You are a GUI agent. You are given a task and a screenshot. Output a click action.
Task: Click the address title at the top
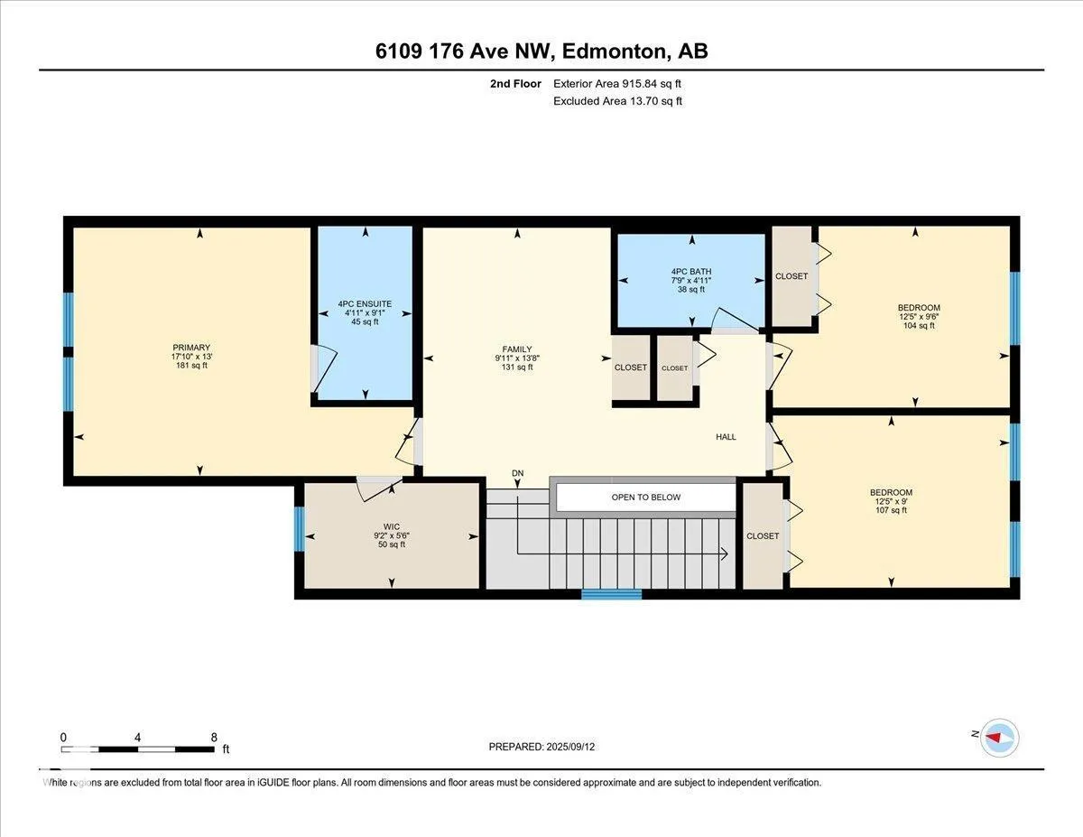pyautogui.click(x=541, y=51)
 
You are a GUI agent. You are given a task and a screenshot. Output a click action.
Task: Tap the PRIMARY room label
pyautogui.click(x=191, y=348)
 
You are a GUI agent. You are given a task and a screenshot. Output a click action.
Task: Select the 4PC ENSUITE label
pyautogui.click(x=365, y=303)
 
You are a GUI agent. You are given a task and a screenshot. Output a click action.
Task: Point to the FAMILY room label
pyautogui.click(x=517, y=349)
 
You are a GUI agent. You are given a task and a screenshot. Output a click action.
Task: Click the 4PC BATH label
pyautogui.click(x=691, y=271)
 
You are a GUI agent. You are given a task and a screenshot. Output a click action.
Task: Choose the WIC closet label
pyautogui.click(x=392, y=526)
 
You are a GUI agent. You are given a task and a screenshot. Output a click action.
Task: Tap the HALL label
pyautogui.click(x=726, y=437)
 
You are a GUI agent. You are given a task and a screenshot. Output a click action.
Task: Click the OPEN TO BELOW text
pyautogui.click(x=646, y=497)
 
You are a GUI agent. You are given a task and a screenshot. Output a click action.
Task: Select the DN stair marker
pyautogui.click(x=517, y=473)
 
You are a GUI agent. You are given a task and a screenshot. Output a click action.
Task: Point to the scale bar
pyautogui.click(x=138, y=749)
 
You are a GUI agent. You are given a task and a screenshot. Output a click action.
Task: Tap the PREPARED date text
pyautogui.click(x=541, y=747)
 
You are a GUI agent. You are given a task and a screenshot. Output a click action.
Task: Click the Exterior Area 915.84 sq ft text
pyautogui.click(x=617, y=84)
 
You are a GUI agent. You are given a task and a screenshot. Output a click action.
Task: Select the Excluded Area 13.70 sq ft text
pyautogui.click(x=617, y=101)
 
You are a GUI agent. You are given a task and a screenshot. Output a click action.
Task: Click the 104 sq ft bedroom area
pyautogui.click(x=919, y=326)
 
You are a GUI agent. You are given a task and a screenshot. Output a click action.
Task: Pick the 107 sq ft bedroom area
pyautogui.click(x=891, y=510)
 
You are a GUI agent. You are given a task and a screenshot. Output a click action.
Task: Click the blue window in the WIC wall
pyautogui.click(x=299, y=529)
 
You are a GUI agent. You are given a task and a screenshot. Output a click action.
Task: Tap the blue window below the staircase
pyautogui.click(x=612, y=594)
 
